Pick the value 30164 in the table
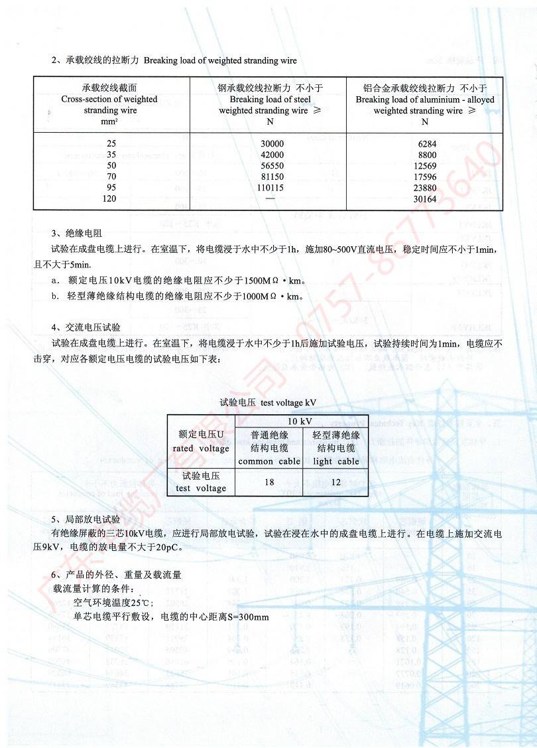(x=424, y=198)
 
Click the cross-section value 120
(x=110, y=198)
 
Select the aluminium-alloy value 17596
(x=424, y=177)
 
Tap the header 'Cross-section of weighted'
(x=109, y=100)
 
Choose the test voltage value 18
(x=269, y=482)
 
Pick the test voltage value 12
(x=335, y=482)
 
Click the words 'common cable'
(x=269, y=461)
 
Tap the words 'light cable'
(x=335, y=461)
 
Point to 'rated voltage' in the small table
(x=201, y=448)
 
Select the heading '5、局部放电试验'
(x=86, y=519)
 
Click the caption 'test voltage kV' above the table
(x=289, y=402)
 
